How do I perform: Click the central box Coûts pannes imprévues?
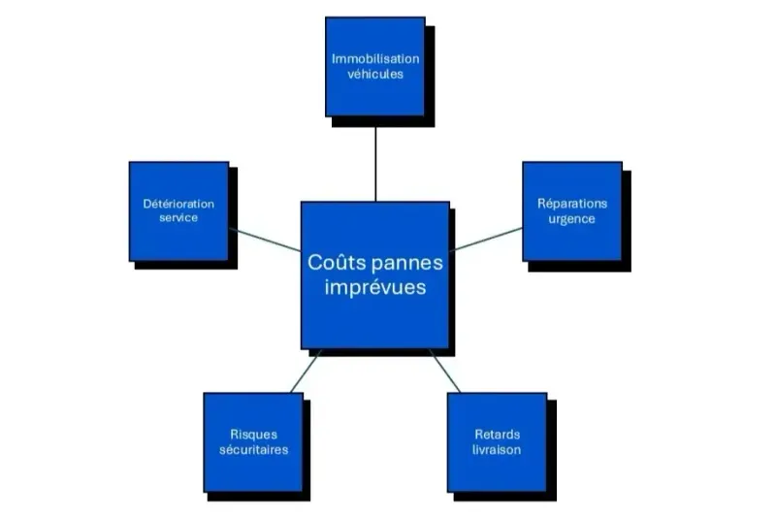pyautogui.click(x=374, y=275)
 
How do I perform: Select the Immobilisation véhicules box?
pyautogui.click(x=374, y=66)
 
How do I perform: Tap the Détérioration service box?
pyautogui.click(x=178, y=210)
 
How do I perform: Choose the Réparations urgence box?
pyautogui.click(x=572, y=210)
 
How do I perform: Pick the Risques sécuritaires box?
pyautogui.click(x=253, y=441)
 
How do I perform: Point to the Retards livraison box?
pyautogui.click(x=497, y=441)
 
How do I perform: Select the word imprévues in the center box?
pyautogui.click(x=374, y=288)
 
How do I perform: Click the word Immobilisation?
pyautogui.click(x=374, y=59)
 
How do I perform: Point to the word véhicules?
pyautogui.click(x=374, y=74)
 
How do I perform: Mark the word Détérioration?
pyautogui.click(x=178, y=204)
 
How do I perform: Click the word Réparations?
pyautogui.click(x=572, y=204)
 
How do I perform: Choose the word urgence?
pyautogui.click(x=572, y=218)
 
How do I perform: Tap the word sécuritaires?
pyautogui.click(x=253, y=449)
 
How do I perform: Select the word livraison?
pyautogui.click(x=497, y=449)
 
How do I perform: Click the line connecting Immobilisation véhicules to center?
pyautogui.click(x=374, y=160)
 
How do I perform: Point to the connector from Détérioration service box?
pyautogui.click(x=265, y=240)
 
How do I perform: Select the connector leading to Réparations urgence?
pyautogui.click(x=486, y=239)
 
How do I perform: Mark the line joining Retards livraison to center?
pyautogui.click(x=444, y=371)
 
